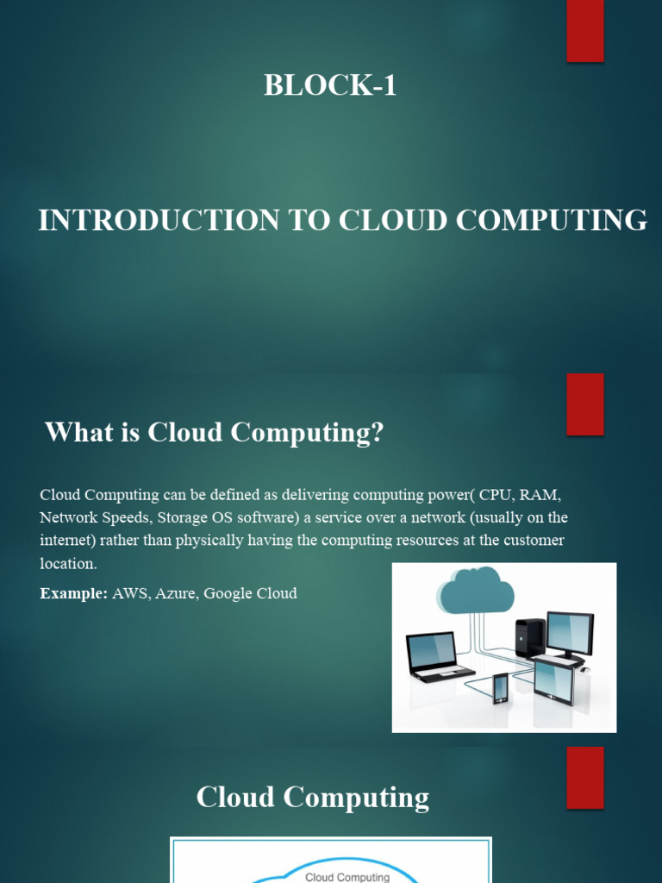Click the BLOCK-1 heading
[x=330, y=85]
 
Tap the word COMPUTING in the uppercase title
[x=551, y=221]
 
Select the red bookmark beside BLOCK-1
[x=584, y=30]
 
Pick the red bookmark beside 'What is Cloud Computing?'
[x=584, y=404]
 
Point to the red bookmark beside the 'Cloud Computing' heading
[x=584, y=777]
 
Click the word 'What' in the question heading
[x=73, y=432]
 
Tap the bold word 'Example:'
[x=74, y=593]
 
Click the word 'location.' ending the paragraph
[x=69, y=563]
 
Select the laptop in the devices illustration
[x=437, y=655]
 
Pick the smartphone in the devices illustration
[x=500, y=688]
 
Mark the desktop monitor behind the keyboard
[x=570, y=634]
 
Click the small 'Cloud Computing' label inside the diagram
[x=348, y=877]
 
